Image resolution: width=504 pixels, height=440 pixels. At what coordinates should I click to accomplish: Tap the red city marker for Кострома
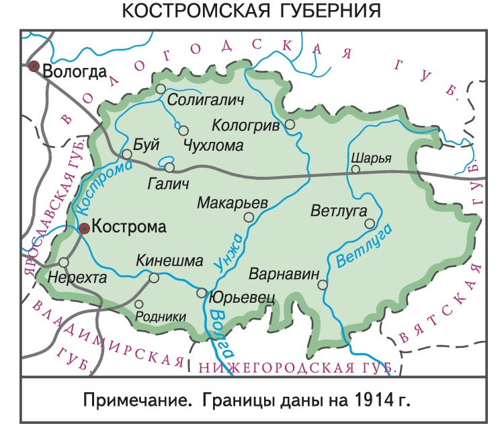(x=84, y=229)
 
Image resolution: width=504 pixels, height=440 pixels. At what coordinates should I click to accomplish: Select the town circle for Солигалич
(x=161, y=89)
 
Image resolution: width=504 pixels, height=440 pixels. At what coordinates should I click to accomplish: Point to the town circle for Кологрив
(x=290, y=124)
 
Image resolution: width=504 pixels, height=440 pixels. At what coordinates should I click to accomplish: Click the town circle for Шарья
(x=355, y=170)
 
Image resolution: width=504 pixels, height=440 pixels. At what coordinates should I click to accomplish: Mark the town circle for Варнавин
(x=323, y=285)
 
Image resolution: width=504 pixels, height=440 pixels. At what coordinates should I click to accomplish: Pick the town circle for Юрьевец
(x=202, y=293)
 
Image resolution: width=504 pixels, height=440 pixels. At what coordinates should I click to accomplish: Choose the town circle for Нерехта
(x=64, y=262)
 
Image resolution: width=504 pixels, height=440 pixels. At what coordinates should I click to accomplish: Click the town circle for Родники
(x=139, y=304)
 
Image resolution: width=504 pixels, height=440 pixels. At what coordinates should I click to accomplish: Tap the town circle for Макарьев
(x=249, y=217)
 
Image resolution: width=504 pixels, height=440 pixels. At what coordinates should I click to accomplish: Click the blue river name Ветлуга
(x=364, y=246)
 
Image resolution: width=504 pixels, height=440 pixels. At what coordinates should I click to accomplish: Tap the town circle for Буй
(x=126, y=154)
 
